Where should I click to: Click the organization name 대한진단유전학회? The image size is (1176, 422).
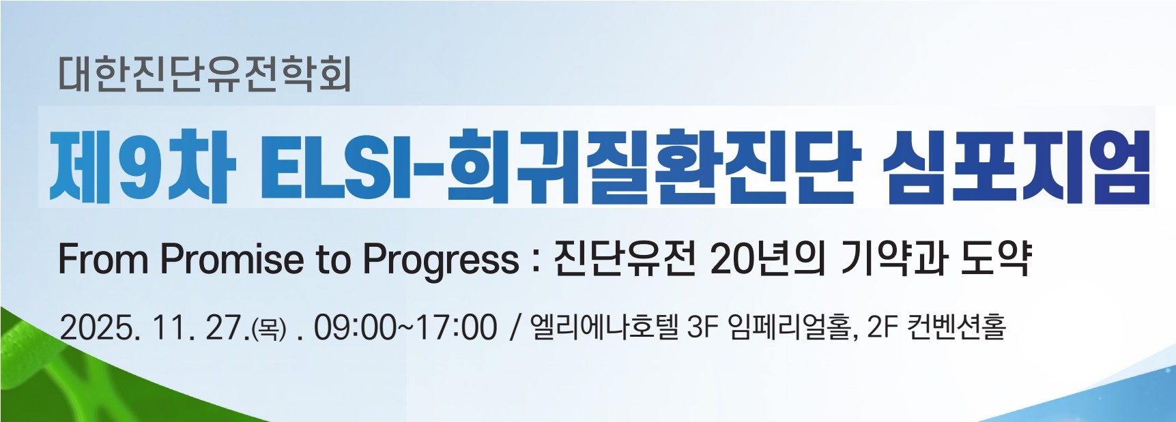(x=205, y=74)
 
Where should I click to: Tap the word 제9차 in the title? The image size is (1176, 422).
(x=143, y=166)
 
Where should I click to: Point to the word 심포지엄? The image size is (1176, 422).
(x=1016, y=166)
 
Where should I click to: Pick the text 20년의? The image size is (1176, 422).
(x=768, y=258)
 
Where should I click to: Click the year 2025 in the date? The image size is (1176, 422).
(x=98, y=328)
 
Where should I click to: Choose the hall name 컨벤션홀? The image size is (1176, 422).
(x=956, y=327)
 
